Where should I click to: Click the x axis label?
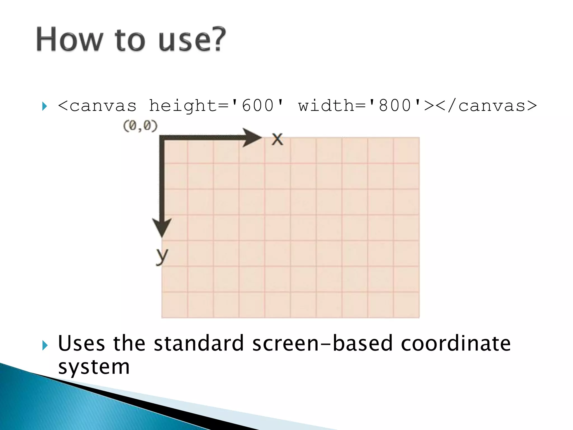click(x=277, y=139)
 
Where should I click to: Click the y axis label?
click(x=162, y=255)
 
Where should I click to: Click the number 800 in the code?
click(x=395, y=106)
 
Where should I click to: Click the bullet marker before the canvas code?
click(x=44, y=106)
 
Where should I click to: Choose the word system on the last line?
click(x=94, y=367)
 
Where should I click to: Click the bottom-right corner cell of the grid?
click(x=406, y=305)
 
